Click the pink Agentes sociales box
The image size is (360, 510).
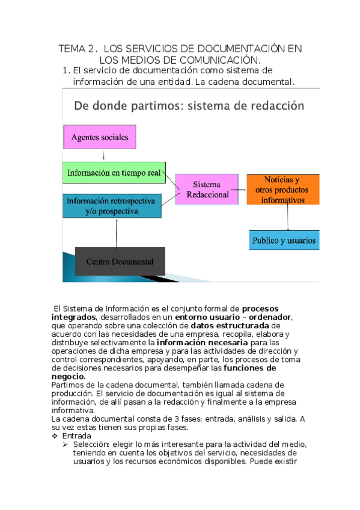[100, 137]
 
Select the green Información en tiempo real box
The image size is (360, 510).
[114, 173]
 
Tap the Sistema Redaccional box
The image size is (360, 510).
[207, 189]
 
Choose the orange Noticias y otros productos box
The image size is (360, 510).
[282, 189]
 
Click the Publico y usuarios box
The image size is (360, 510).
[284, 240]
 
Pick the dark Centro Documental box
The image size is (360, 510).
[120, 262]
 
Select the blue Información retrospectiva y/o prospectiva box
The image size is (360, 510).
[112, 206]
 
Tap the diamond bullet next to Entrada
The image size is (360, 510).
[55, 435]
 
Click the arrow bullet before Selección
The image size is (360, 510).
[66, 444]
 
